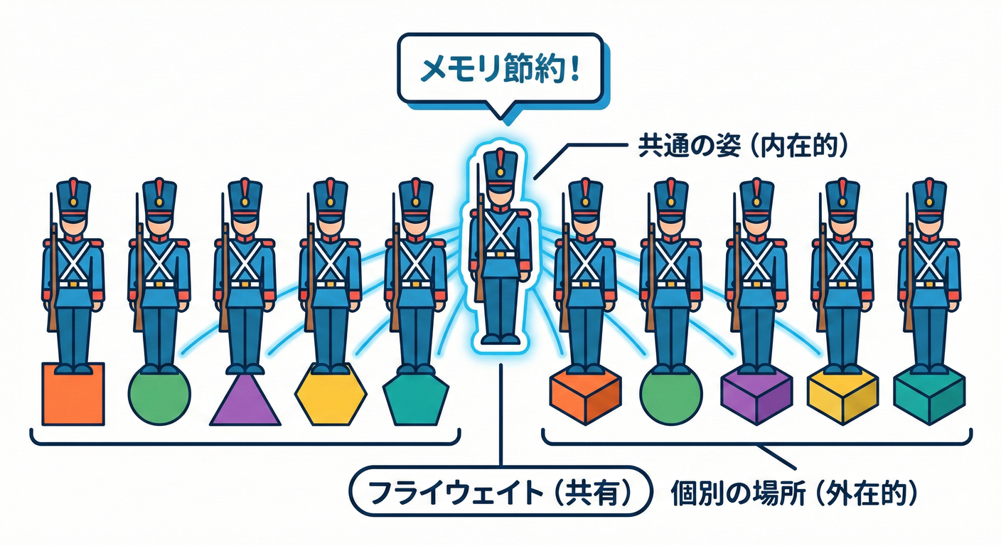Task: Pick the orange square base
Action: [x=73, y=394]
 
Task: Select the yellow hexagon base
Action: [x=331, y=395]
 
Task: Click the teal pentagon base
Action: [x=416, y=398]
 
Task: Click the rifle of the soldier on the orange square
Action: [x=52, y=270]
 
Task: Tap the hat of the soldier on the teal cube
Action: [x=928, y=196]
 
